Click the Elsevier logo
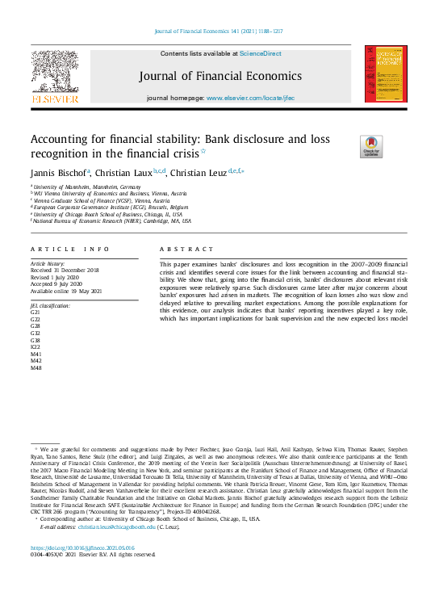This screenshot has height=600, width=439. point(54,75)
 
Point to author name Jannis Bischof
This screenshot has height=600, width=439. point(58,173)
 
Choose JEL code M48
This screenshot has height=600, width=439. point(36,367)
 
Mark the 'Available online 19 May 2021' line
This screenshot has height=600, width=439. point(66,291)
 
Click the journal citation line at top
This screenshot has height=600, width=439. point(219,32)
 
